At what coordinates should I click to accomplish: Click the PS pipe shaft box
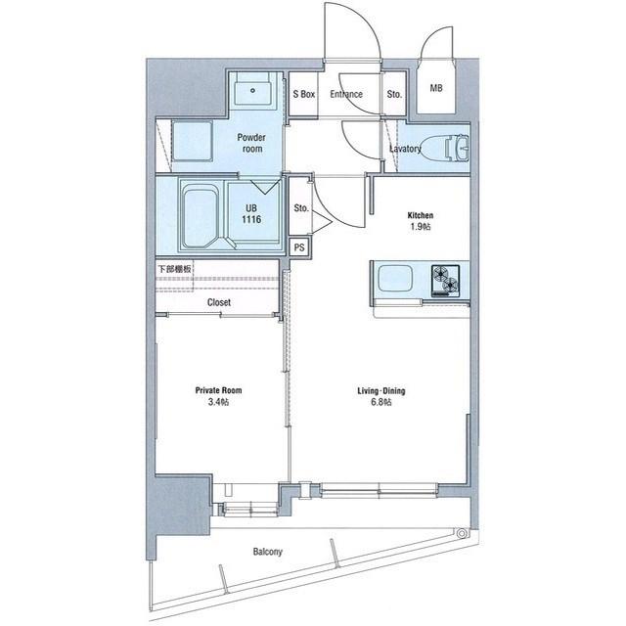point(299,247)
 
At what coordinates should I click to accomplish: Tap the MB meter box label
point(436,88)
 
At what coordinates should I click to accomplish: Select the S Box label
point(304,94)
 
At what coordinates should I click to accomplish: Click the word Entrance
point(346,94)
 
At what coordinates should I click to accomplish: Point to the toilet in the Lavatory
point(446,148)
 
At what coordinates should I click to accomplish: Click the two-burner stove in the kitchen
point(445,281)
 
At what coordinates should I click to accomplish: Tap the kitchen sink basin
point(395,278)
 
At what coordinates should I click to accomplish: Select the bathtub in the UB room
point(201,215)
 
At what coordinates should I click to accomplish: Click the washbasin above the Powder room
point(252,91)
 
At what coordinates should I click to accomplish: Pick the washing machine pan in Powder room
point(192,141)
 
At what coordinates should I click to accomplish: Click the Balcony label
point(267,552)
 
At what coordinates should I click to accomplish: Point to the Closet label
point(219,302)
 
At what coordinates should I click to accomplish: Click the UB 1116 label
point(251,214)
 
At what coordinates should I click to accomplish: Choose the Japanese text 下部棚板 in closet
point(174,269)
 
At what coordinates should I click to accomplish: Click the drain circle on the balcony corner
point(462,533)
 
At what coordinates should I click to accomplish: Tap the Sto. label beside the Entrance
point(394,94)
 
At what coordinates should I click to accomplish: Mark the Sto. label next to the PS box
point(301,208)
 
